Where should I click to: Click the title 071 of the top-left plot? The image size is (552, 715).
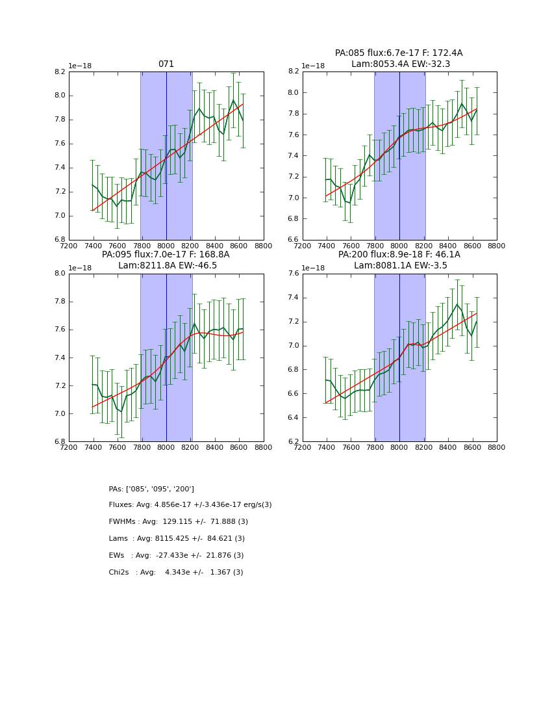pyautogui.click(x=166, y=64)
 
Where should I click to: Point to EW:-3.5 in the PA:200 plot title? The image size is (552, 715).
pyautogui.click(x=431, y=266)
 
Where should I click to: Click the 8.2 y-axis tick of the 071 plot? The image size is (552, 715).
pyautogui.click(x=60, y=71)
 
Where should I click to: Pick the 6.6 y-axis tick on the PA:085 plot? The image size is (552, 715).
pyautogui.click(x=294, y=240)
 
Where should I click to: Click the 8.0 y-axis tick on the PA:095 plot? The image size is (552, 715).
pyautogui.click(x=60, y=274)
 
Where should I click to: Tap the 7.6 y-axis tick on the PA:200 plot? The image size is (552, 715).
pyautogui.click(x=294, y=274)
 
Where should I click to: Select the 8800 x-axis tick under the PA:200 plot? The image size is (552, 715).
pyautogui.click(x=497, y=447)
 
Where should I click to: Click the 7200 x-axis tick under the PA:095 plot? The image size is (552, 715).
pyautogui.click(x=69, y=447)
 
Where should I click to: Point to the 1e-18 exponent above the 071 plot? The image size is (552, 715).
pyautogui.click(x=80, y=66)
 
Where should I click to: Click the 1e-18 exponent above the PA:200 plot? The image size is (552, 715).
pyautogui.click(x=314, y=268)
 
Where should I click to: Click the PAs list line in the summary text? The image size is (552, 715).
pyautogui.click(x=151, y=489)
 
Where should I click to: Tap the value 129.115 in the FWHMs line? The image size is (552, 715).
pyautogui.click(x=177, y=522)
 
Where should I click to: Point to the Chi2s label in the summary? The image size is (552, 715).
pyautogui.click(x=121, y=573)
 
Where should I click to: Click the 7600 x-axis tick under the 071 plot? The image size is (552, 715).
pyautogui.click(x=118, y=245)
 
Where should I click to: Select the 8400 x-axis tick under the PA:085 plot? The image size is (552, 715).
pyautogui.click(x=448, y=245)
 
